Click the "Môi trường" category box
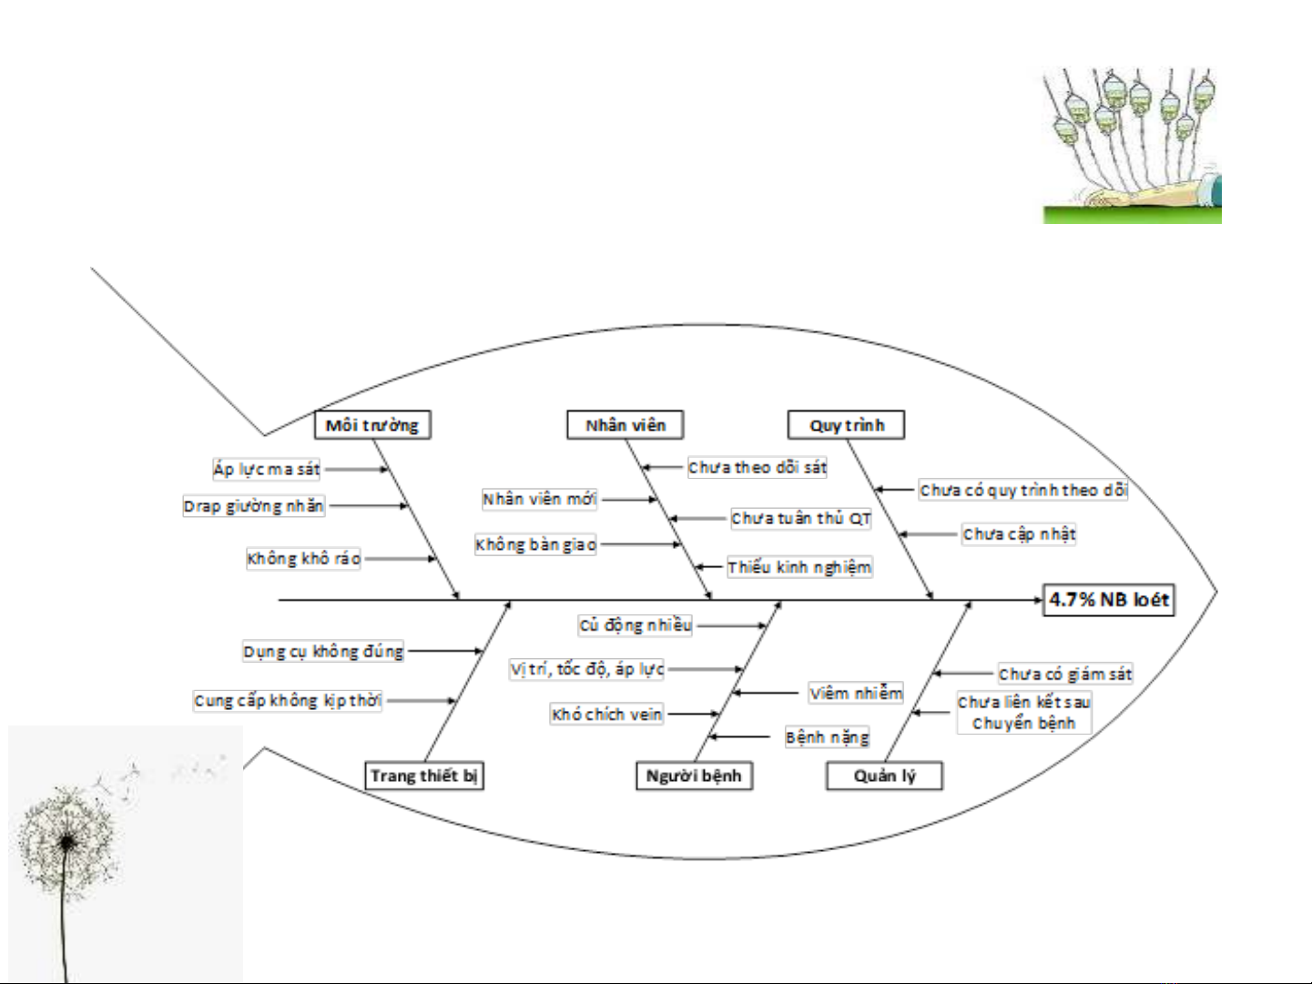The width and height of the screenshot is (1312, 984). (x=371, y=425)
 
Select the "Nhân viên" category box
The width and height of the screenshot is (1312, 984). (x=625, y=425)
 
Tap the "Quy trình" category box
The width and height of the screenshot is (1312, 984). (x=846, y=425)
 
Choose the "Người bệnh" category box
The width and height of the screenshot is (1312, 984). (x=693, y=776)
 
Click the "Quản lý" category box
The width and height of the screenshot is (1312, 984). (x=884, y=776)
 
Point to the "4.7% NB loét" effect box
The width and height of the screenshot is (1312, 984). (x=1108, y=600)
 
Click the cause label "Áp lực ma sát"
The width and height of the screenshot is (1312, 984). (x=267, y=469)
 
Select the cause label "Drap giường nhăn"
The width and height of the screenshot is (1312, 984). (x=253, y=506)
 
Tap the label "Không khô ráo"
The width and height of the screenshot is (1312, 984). (x=303, y=558)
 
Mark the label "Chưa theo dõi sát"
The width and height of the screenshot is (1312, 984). (x=758, y=467)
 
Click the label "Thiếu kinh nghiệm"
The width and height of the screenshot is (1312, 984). (x=799, y=567)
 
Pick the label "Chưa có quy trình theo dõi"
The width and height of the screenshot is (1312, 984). (x=1023, y=490)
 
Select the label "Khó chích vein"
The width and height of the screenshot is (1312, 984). (x=606, y=715)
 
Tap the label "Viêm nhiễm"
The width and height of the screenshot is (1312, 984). (x=856, y=693)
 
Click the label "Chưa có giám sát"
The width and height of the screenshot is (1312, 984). (x=1065, y=674)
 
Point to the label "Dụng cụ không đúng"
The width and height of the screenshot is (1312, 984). (x=323, y=651)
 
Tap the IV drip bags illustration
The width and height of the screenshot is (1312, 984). (x=1132, y=146)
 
